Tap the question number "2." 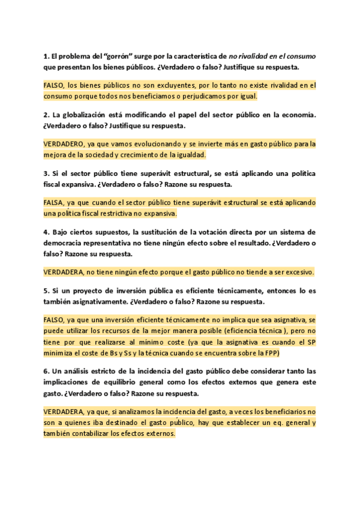[x=46, y=114]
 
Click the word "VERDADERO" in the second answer [x=64, y=144]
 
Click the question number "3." [x=46, y=173]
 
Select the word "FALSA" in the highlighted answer [x=55, y=203]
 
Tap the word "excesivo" [x=295, y=272]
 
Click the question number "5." [x=46, y=291]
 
